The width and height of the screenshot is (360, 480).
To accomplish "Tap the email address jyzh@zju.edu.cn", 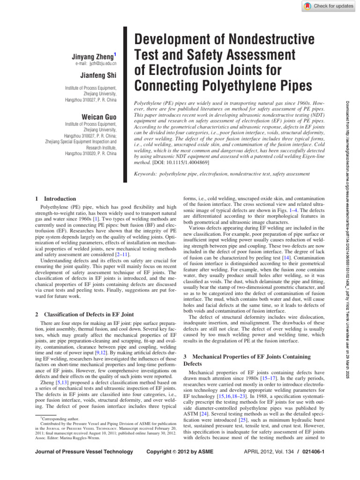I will click(96, 63).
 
